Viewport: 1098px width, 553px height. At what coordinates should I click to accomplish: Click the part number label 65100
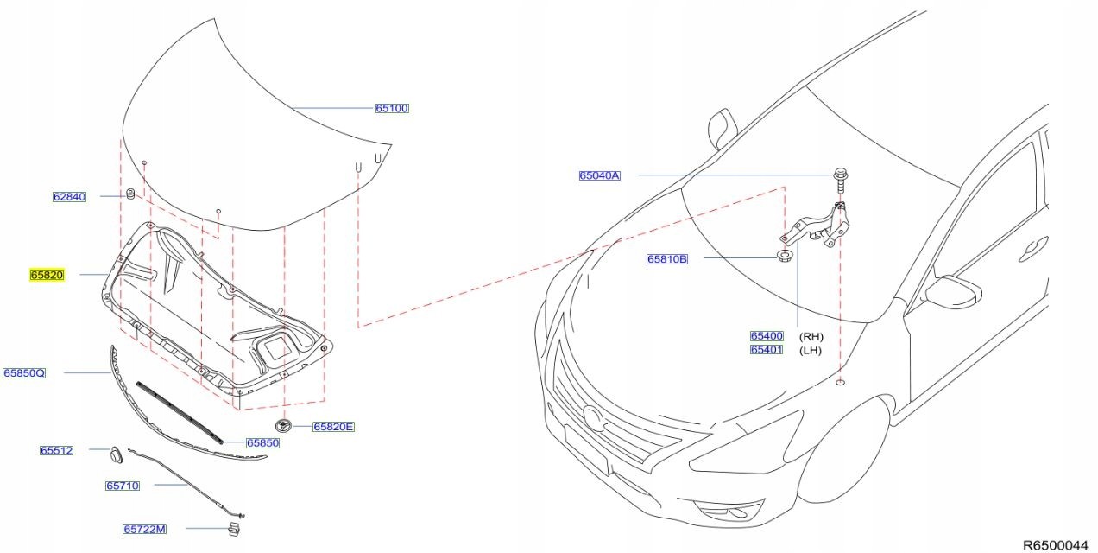(x=391, y=108)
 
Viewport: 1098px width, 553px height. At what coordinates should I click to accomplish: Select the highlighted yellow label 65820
(x=47, y=275)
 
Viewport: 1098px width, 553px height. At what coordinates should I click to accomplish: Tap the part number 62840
(x=69, y=197)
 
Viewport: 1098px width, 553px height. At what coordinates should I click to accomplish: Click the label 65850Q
(x=23, y=373)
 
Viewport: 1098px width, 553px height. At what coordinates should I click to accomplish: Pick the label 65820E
(x=333, y=427)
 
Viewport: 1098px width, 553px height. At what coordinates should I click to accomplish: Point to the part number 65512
(x=56, y=451)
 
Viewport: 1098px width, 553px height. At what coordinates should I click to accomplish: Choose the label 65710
(x=122, y=486)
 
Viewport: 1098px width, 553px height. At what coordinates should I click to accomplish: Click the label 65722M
(x=144, y=529)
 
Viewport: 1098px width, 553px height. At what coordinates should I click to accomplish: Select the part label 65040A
(x=599, y=175)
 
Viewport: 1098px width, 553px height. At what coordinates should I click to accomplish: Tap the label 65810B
(x=667, y=258)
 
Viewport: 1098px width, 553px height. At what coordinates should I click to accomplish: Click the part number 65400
(x=766, y=336)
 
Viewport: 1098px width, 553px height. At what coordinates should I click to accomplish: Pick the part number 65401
(x=766, y=350)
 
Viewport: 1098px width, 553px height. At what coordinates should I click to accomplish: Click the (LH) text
(x=811, y=350)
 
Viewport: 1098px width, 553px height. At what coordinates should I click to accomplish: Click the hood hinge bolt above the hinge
(x=840, y=177)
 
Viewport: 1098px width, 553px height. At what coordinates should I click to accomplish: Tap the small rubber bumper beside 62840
(x=129, y=194)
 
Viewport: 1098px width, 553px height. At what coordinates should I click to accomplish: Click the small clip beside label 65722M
(x=232, y=528)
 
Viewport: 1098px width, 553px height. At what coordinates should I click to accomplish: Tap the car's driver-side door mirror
(x=951, y=289)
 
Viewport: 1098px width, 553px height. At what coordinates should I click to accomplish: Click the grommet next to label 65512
(x=115, y=452)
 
